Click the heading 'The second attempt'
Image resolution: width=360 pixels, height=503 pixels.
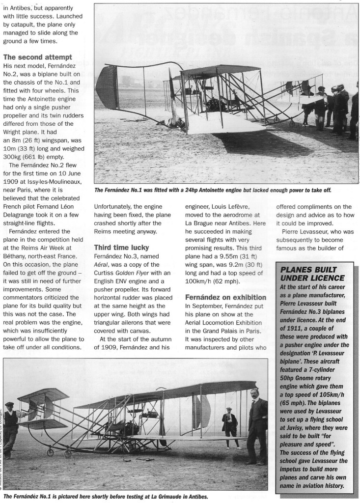coord(38,57)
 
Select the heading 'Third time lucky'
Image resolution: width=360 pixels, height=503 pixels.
coord(122,247)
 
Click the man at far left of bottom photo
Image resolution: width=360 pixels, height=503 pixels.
coord(10,427)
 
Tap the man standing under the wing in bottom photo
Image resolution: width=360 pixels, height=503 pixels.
coord(228,426)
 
